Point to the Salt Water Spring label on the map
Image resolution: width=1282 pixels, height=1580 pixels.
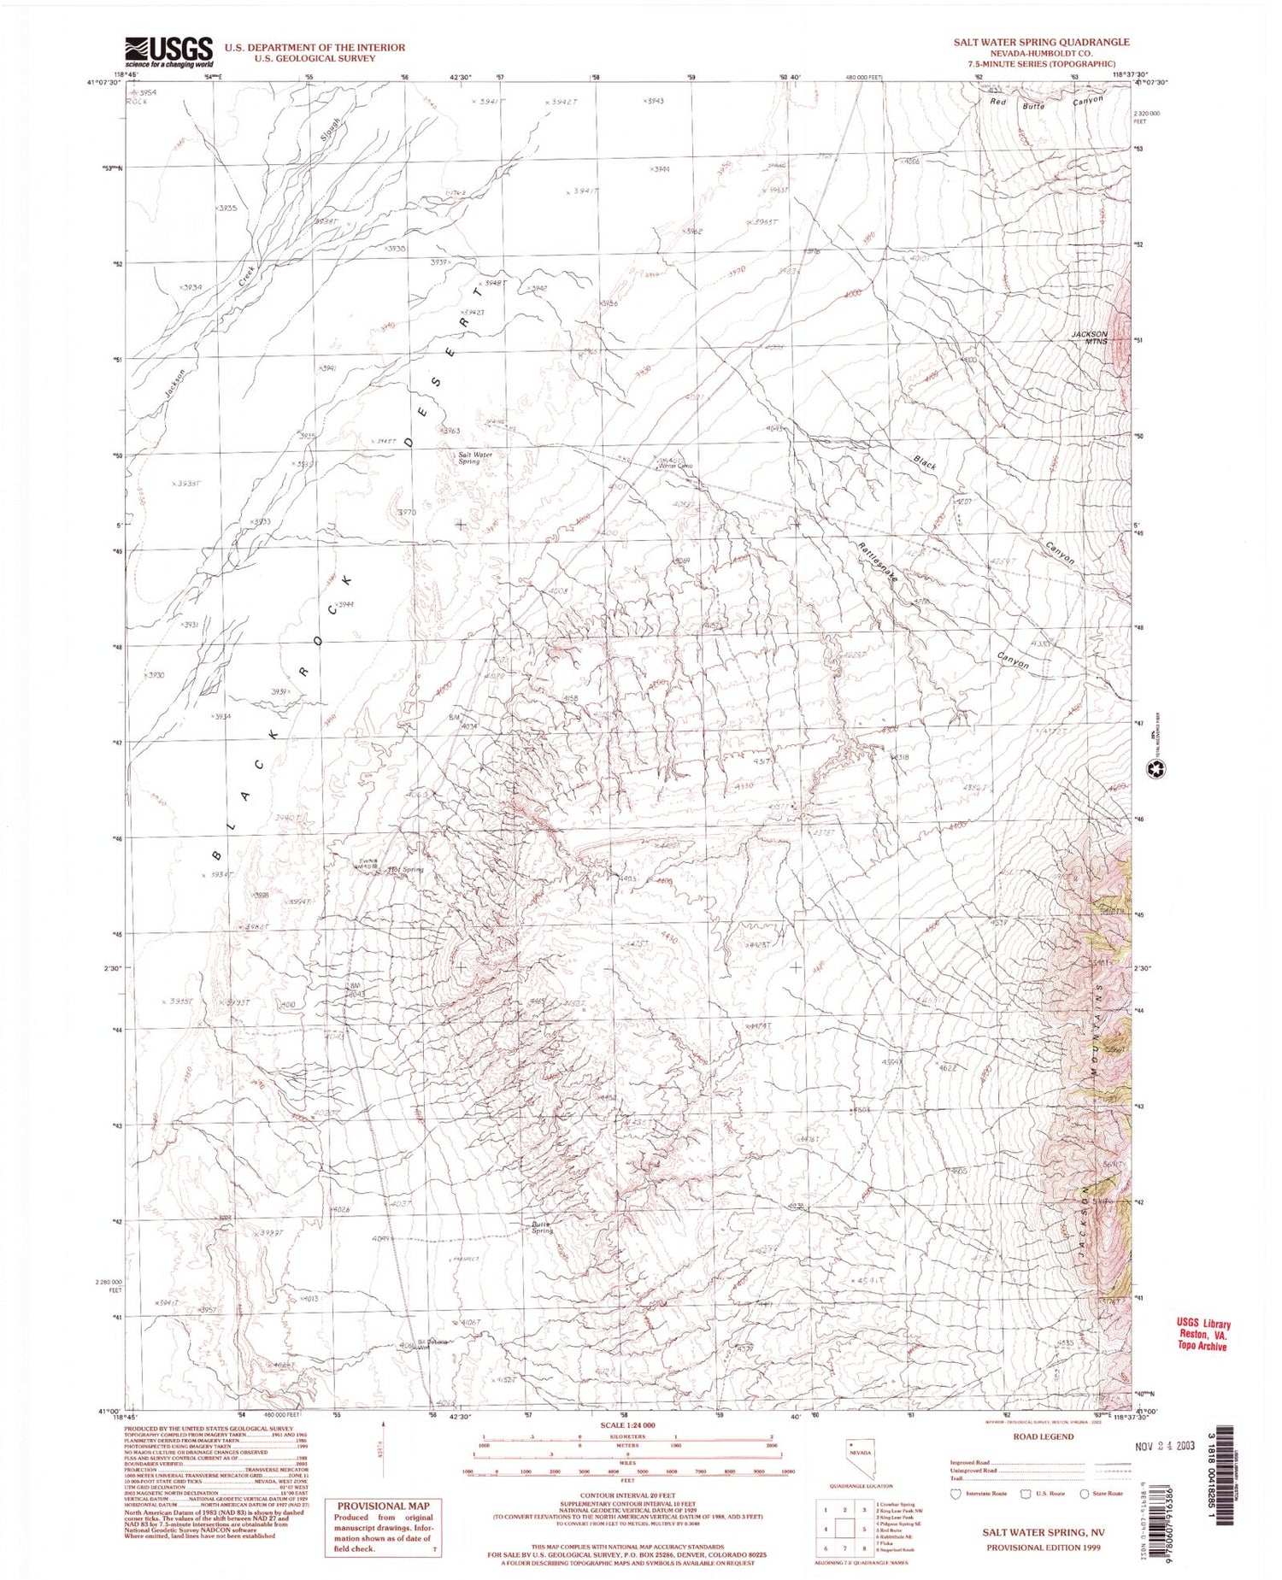pos(475,458)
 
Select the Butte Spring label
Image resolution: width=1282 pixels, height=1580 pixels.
pos(543,1227)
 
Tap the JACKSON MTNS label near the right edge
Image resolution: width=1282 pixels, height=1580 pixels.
pos(1089,338)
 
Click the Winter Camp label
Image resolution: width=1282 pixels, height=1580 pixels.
pos(674,467)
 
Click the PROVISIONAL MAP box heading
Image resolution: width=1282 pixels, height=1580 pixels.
pos(383,1506)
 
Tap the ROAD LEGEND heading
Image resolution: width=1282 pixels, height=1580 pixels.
pos(1043,1436)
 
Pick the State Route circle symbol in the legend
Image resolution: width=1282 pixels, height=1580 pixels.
pos(1085,1493)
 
